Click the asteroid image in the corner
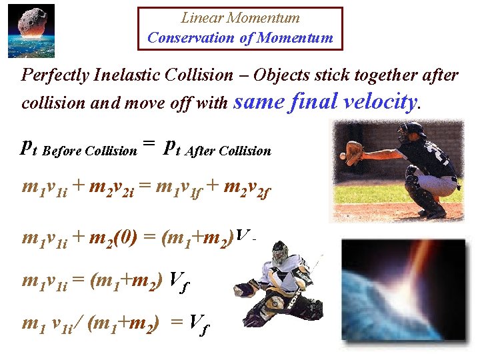click(x=31, y=31)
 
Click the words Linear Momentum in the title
click(x=241, y=18)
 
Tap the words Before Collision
click(x=89, y=151)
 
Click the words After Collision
click(x=229, y=151)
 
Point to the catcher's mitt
click(x=354, y=153)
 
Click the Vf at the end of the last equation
click(x=195, y=324)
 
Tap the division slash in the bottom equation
click(x=82, y=324)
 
